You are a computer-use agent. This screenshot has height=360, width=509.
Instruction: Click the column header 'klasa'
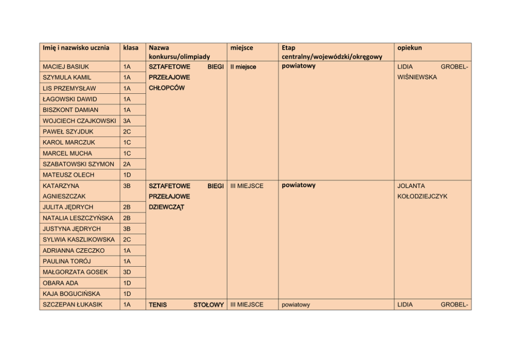pyautogui.click(x=131, y=48)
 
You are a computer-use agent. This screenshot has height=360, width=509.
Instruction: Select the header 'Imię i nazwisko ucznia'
pyautogui.click(x=76, y=48)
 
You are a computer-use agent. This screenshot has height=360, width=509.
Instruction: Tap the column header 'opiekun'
pyautogui.click(x=409, y=48)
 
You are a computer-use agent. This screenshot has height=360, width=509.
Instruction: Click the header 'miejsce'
pyautogui.click(x=242, y=48)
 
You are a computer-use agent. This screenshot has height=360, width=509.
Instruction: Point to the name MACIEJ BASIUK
pyautogui.click(x=66, y=67)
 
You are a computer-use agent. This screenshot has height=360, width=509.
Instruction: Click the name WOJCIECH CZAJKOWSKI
pyautogui.click(x=79, y=121)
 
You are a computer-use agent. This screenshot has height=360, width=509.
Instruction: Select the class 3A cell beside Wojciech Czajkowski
pyautogui.click(x=127, y=121)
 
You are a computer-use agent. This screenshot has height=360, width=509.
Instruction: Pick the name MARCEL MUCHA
pyautogui.click(x=67, y=153)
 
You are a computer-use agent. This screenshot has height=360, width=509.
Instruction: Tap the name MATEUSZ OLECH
pyautogui.click(x=68, y=175)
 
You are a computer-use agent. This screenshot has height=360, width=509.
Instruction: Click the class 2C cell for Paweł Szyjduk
pyautogui.click(x=127, y=132)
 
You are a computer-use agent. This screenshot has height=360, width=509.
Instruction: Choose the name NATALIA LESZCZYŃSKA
pyautogui.click(x=78, y=218)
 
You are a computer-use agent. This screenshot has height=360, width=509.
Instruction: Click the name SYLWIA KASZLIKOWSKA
pyautogui.click(x=79, y=240)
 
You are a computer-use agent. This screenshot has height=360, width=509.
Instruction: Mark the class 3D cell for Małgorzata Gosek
pyautogui.click(x=127, y=272)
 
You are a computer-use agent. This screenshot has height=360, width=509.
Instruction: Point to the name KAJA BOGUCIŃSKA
pyautogui.click(x=71, y=294)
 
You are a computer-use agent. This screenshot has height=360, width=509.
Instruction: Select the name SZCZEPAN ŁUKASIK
pyautogui.click(x=72, y=305)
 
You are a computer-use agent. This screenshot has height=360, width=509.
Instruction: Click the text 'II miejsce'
pyautogui.click(x=243, y=67)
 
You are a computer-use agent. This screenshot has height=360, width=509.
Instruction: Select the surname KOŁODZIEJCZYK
pyautogui.click(x=422, y=196)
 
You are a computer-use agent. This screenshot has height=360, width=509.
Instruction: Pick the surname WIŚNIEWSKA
pyautogui.click(x=417, y=77)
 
